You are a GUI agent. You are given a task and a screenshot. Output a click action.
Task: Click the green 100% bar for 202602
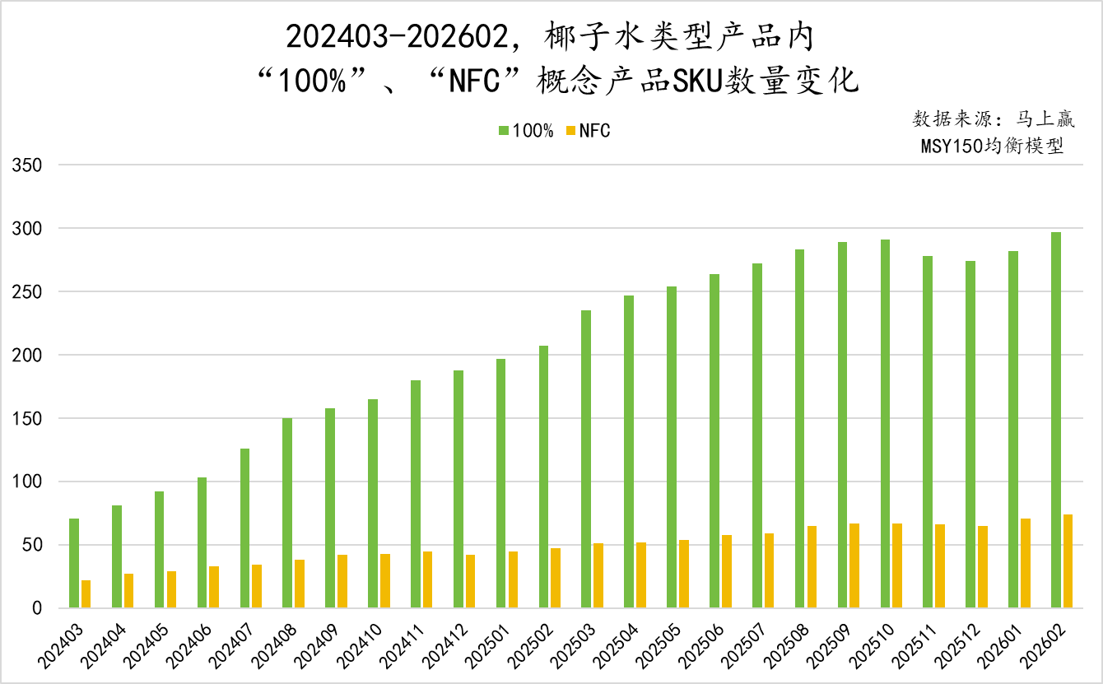click(1056, 420)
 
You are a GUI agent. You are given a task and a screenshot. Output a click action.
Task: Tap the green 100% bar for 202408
click(287, 513)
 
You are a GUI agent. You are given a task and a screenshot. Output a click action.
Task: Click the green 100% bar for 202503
click(586, 459)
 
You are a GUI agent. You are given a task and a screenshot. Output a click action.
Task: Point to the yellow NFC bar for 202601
click(1026, 563)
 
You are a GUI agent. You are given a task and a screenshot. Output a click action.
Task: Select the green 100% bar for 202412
click(458, 489)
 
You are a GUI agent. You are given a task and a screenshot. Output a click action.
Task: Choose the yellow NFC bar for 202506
click(727, 571)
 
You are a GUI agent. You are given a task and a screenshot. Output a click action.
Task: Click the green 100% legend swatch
click(503, 131)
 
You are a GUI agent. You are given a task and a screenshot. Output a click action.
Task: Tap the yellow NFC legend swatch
click(569, 131)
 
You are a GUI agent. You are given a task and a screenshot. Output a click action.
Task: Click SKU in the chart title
click(697, 81)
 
